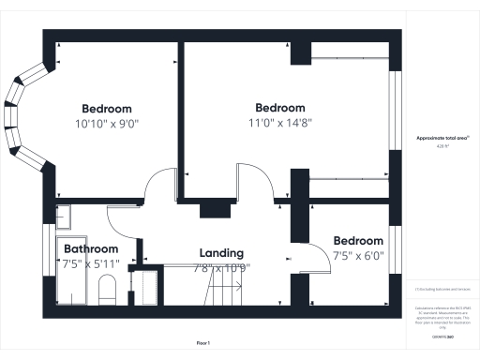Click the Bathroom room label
point(91,248)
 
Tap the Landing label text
point(222,253)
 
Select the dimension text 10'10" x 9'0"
point(107,123)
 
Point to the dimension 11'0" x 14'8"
point(280,122)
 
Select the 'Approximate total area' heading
point(442,138)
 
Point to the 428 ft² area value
point(442,146)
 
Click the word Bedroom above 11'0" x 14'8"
point(280,108)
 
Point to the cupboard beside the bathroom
point(144,287)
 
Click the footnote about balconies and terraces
point(442,292)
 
